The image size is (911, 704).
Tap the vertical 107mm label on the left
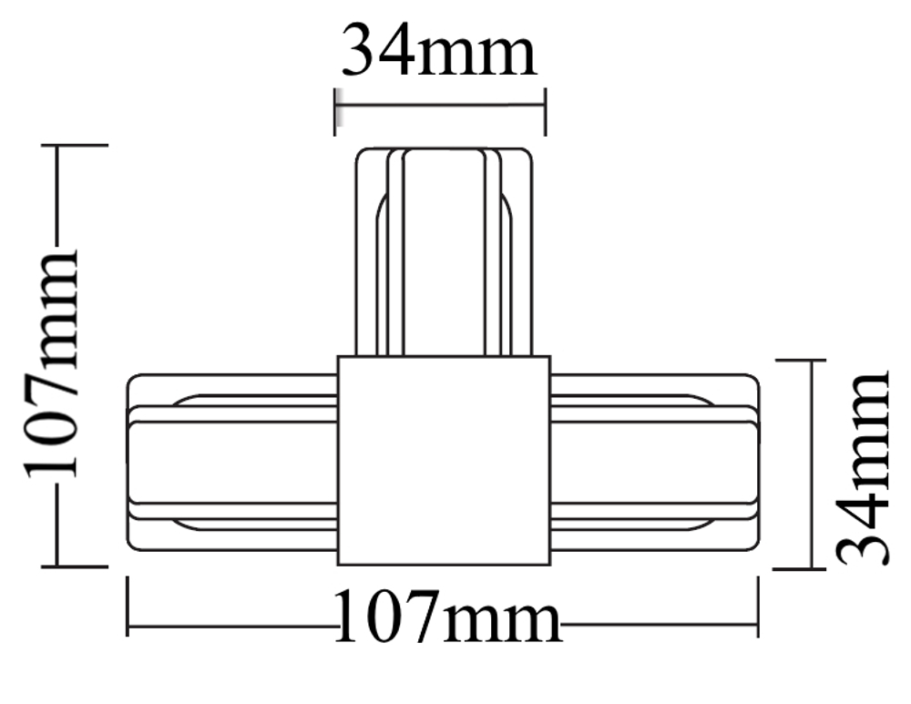52,363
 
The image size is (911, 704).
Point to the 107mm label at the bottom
446,618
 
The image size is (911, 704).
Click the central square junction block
444,460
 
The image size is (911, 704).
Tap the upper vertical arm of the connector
443,250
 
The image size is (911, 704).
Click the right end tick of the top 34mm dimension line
545,110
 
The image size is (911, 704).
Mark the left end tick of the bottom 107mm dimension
128,605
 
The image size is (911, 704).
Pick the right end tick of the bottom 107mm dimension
758,605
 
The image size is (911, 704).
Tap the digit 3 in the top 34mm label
363,51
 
